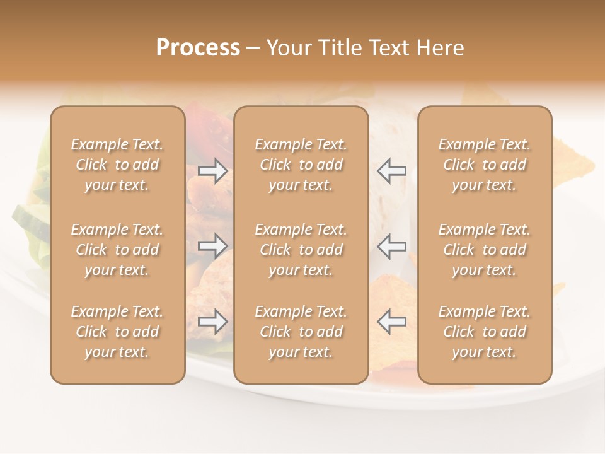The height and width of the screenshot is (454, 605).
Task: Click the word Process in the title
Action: pyautogui.click(x=198, y=48)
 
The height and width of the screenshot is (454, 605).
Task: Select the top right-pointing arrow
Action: pyautogui.click(x=213, y=171)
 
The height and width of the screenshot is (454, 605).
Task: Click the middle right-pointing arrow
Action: pyautogui.click(x=213, y=245)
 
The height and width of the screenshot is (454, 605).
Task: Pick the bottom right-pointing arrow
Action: pyautogui.click(x=213, y=322)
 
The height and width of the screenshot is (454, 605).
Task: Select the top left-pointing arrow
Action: pyautogui.click(x=392, y=171)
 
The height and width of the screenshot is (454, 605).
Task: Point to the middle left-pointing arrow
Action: pyautogui.click(x=392, y=245)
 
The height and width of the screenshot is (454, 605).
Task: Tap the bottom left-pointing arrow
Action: pyautogui.click(x=392, y=322)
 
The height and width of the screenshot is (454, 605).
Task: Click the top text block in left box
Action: pyautogui.click(x=117, y=165)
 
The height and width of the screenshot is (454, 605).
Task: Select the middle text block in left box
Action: pyautogui.click(x=117, y=250)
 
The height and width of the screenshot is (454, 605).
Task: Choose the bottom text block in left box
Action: pyautogui.click(x=117, y=332)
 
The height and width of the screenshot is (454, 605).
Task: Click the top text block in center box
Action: pyautogui.click(x=301, y=165)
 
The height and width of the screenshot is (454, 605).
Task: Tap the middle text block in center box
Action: pyautogui.click(x=301, y=250)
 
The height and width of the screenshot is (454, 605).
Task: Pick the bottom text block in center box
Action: pyautogui.click(x=301, y=332)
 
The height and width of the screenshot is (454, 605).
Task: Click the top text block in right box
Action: pyautogui.click(x=485, y=165)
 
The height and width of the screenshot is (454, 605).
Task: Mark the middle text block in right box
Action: pyautogui.click(x=485, y=250)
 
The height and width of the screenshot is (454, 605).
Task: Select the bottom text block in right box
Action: pyautogui.click(x=485, y=332)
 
